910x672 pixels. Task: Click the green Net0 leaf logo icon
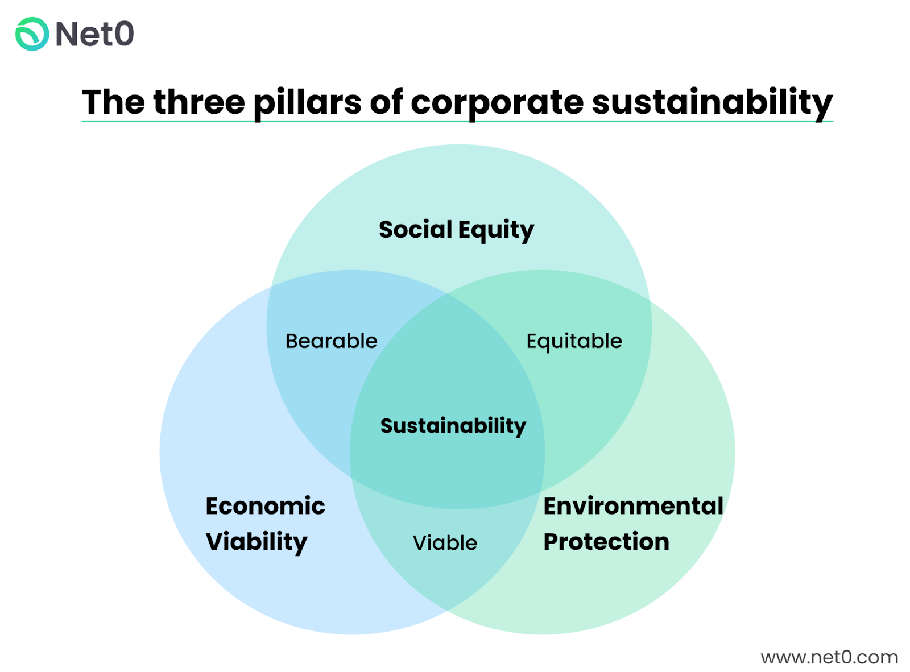[x=32, y=34]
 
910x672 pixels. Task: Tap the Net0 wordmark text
[x=95, y=34]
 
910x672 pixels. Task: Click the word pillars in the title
[x=307, y=102]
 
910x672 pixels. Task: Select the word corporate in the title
[x=497, y=102]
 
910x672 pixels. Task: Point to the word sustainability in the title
[x=712, y=102]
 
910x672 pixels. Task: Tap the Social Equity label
[x=456, y=230]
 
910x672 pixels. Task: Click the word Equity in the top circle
[x=496, y=230]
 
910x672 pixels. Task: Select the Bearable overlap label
[x=331, y=341]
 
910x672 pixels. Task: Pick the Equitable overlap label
[x=574, y=341]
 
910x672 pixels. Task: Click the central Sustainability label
[x=453, y=426]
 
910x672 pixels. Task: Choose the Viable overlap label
[x=445, y=543]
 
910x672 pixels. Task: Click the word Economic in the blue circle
[x=265, y=506]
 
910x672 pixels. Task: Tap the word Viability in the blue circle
[x=257, y=542]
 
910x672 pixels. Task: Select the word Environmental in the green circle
[x=633, y=506]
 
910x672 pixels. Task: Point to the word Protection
[x=606, y=542]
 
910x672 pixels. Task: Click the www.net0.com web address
[x=829, y=657]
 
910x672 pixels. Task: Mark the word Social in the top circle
[x=416, y=230]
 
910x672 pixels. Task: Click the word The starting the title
[x=113, y=102]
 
